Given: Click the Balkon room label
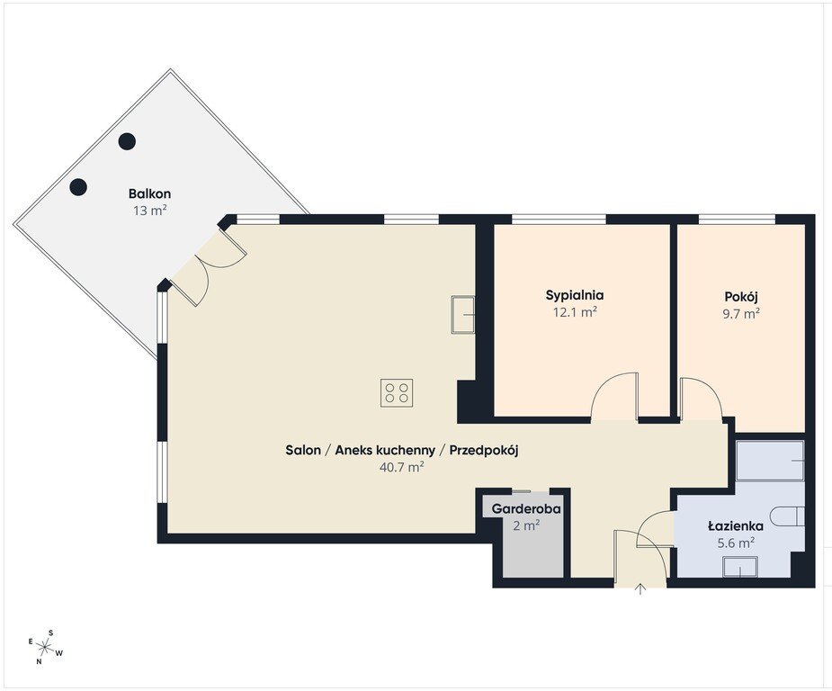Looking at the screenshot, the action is coord(149,193).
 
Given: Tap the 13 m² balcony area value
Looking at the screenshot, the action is coord(150,211).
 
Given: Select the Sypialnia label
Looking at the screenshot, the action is coord(575,296).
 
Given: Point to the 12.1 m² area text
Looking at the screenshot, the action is coord(575,312).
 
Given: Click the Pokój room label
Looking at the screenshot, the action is coord(741,296).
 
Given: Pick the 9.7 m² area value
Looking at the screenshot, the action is coord(741,313).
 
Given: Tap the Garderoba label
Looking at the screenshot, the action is coord(526,508).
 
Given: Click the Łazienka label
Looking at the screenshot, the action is coord(736,526).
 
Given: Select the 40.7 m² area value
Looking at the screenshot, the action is coord(402,467).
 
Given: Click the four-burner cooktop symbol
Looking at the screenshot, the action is coord(397,392).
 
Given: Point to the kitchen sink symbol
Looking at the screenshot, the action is coord(462,315).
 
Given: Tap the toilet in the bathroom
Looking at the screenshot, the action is coord(787,516).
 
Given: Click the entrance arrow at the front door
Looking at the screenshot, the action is coord(640,588).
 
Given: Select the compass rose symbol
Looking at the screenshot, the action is coord(46,647).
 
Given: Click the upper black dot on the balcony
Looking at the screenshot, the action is coord(127,141).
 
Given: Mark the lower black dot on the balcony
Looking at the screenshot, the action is coord(78,187).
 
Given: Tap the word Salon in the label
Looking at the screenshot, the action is coord(303,450).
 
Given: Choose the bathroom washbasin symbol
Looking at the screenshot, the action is coord(740,567).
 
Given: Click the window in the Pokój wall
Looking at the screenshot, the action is coord(737,220).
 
